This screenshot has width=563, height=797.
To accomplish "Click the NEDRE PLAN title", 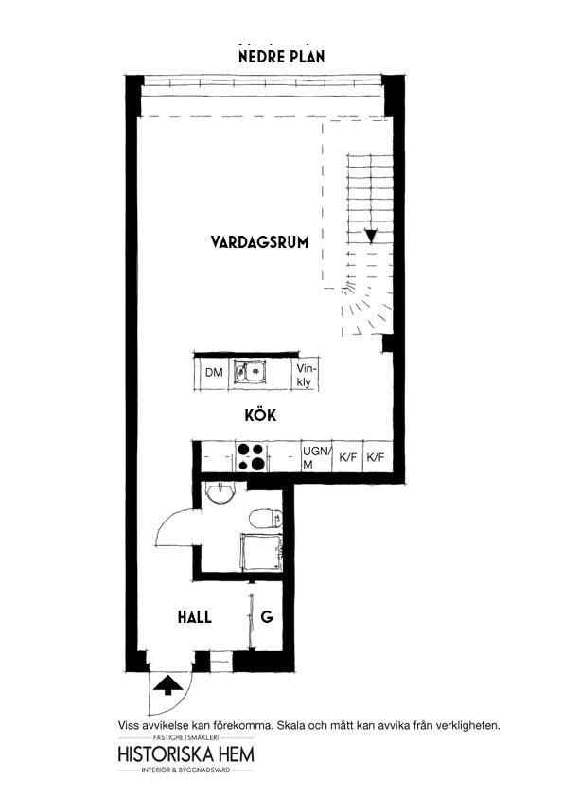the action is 282,56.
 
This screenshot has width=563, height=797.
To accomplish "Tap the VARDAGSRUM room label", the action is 259,242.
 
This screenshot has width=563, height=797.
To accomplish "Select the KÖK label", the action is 260,415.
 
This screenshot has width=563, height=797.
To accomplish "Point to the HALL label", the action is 195,617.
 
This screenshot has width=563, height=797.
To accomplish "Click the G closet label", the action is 267,617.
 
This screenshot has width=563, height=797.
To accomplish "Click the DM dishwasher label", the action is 215,373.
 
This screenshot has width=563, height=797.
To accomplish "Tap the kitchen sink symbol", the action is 250,372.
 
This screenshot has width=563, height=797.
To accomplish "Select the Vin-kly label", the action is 306,375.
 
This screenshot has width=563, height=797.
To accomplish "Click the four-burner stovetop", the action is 251,456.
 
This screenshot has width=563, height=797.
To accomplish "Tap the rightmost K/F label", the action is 376,457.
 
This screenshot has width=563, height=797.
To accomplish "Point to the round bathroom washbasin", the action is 220,492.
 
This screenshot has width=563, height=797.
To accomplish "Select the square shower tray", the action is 261,552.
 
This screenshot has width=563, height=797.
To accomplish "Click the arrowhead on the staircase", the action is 372,237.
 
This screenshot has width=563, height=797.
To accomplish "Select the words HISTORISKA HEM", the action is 186,753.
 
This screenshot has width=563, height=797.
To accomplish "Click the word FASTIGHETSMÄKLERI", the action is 185,737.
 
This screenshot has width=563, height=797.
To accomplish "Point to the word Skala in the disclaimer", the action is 293,725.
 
